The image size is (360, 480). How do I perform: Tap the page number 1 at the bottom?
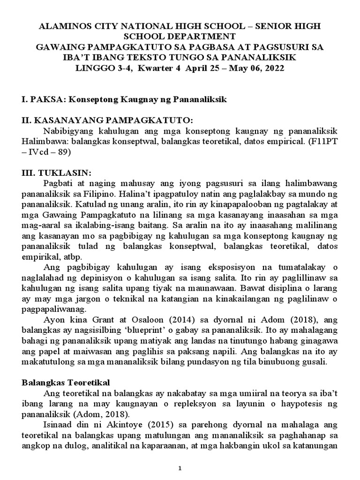[180, 468]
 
